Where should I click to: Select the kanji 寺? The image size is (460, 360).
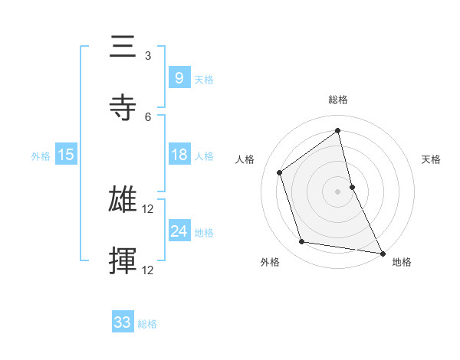[123, 107]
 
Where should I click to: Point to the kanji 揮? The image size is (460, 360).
[123, 261]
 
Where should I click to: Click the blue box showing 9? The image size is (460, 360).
[178, 77]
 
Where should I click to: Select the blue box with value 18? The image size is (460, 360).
[178, 155]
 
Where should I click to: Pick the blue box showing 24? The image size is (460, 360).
[178, 231]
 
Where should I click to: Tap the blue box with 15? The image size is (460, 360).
[65, 155]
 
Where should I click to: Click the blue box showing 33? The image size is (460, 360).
[123, 322]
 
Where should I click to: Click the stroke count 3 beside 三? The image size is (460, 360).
[148, 56]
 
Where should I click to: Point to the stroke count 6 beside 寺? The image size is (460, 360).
[148, 116]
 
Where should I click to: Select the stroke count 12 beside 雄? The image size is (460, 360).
[149, 209]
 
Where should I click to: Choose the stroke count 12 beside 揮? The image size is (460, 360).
[149, 270]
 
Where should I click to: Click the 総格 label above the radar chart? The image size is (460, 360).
[338, 100]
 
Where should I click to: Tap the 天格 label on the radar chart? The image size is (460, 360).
[432, 159]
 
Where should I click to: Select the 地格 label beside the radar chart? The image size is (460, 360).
[402, 262]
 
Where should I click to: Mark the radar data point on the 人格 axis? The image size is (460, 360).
[280, 172]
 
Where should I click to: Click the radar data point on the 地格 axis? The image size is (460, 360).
[383, 252]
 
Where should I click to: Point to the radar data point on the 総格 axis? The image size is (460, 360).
[338, 130]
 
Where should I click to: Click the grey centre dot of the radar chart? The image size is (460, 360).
[338, 191]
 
